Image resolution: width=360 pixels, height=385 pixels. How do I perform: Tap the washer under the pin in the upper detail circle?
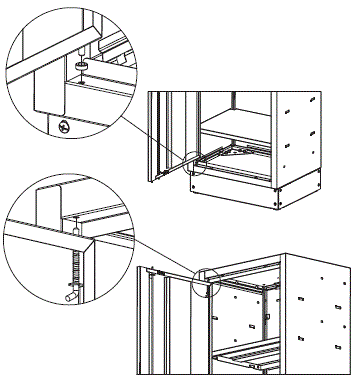78,65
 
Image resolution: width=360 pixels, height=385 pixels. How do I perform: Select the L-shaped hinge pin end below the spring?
70,294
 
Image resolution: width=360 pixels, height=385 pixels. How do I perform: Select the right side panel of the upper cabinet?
300,140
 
